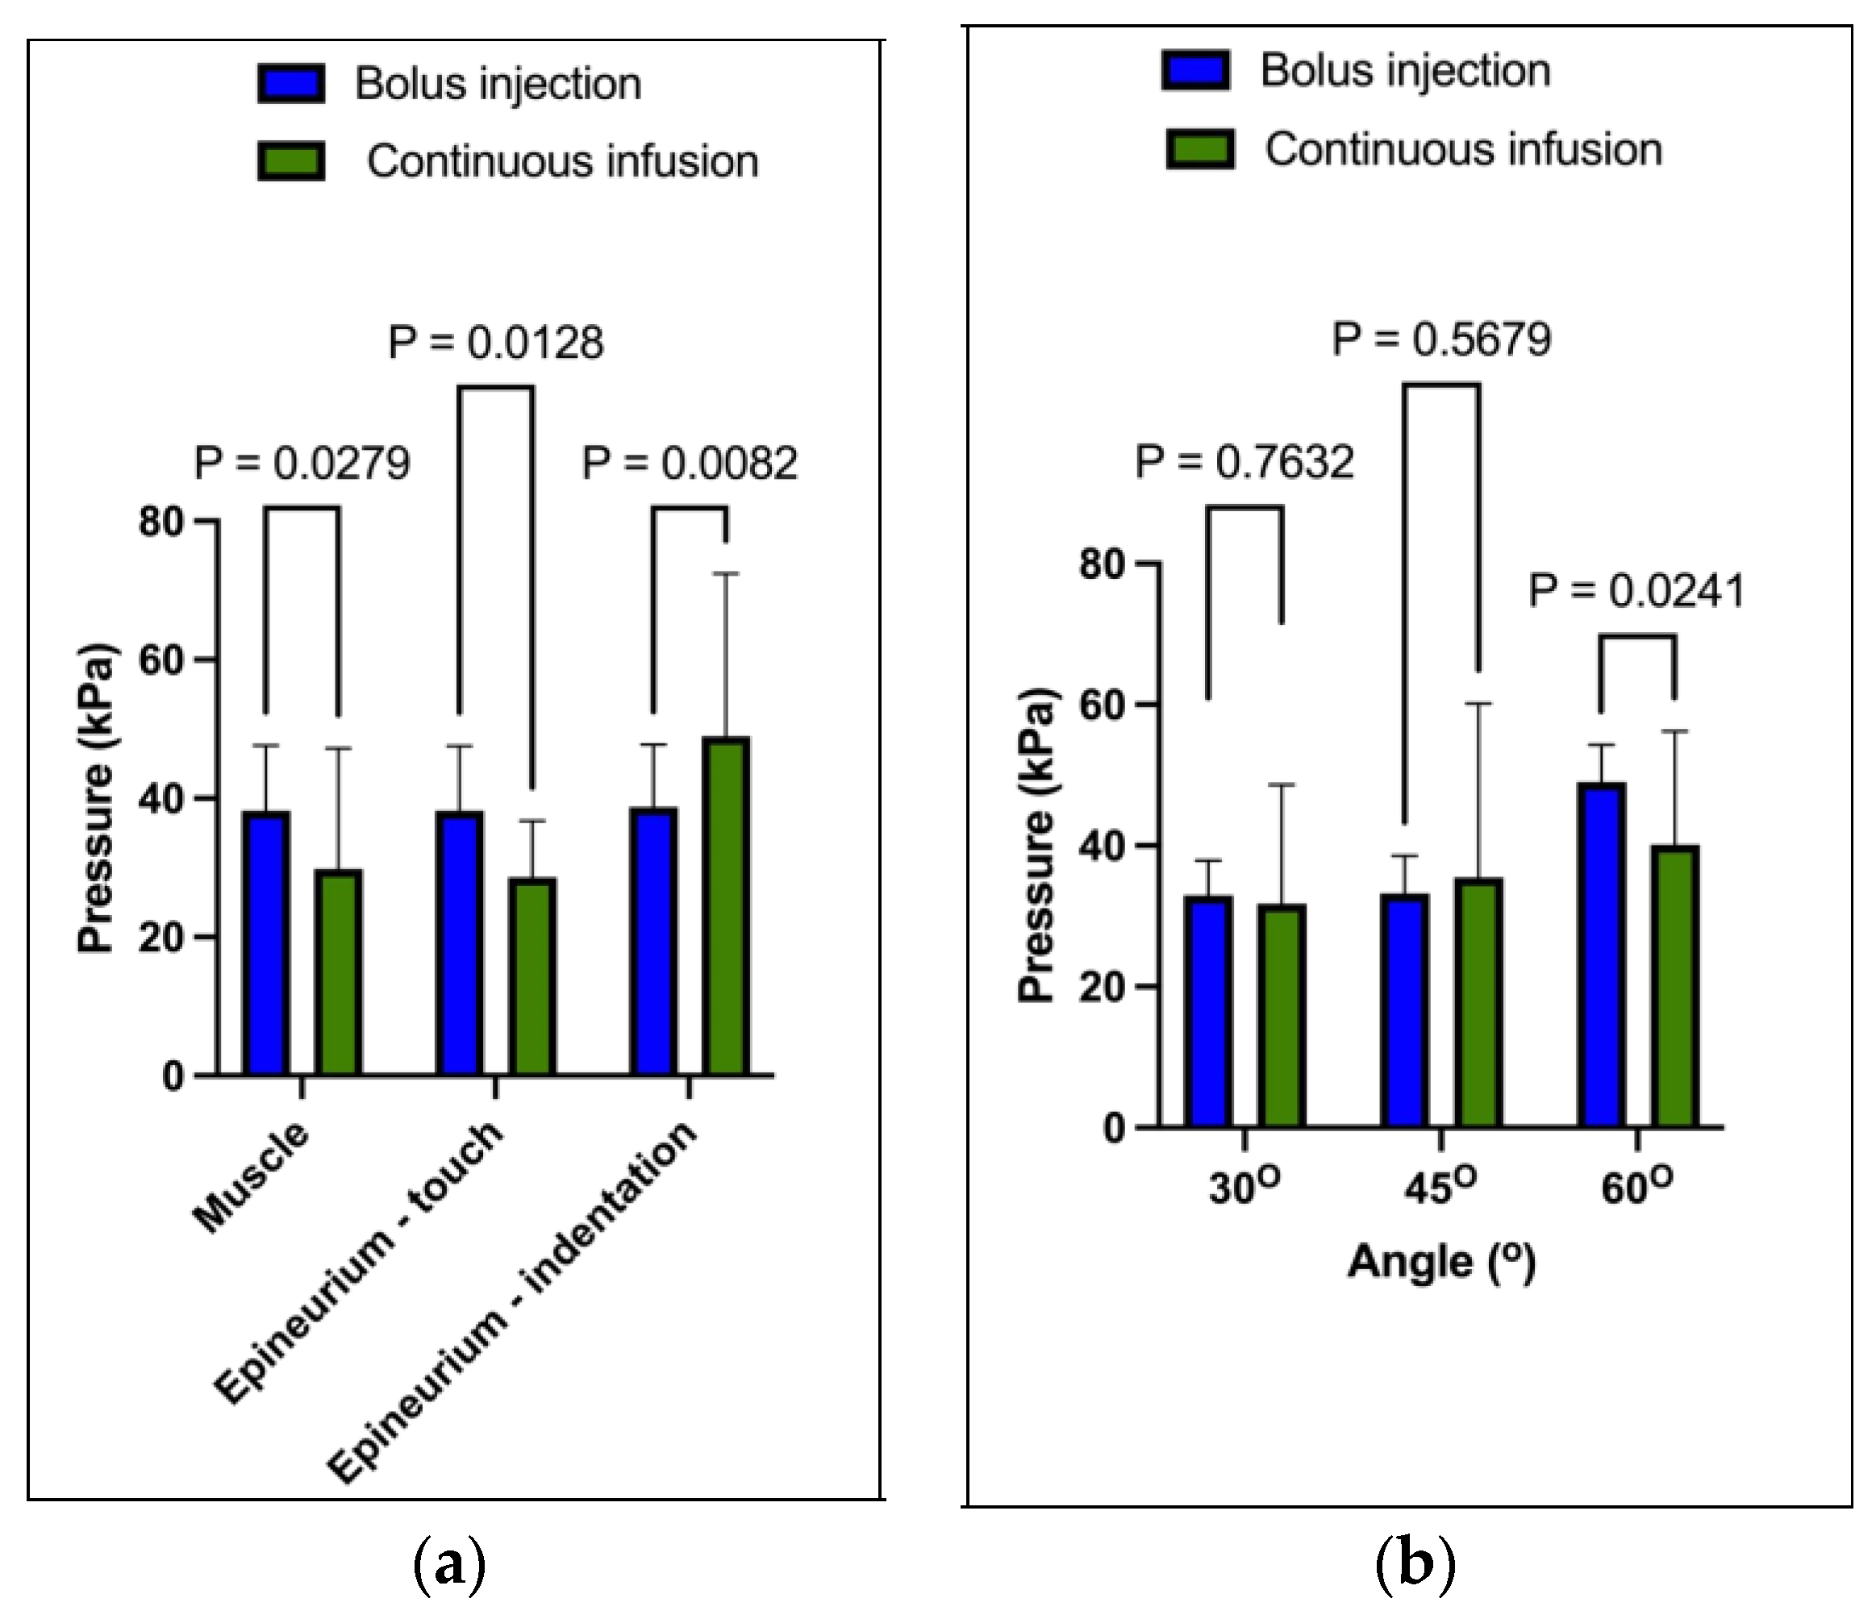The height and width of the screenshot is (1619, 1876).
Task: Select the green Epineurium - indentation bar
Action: pos(726,907)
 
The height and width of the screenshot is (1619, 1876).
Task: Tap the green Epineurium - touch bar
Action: pos(532,976)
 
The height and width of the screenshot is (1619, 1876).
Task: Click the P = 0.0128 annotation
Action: pos(495,343)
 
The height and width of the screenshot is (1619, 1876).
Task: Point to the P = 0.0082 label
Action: pos(689,464)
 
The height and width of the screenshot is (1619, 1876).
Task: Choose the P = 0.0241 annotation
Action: pos(1636,591)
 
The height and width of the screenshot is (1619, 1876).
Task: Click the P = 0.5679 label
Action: pos(1441,339)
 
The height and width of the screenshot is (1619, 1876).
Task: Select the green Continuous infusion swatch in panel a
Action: pos(290,161)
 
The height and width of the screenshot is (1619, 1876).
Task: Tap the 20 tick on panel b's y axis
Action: pos(1102,986)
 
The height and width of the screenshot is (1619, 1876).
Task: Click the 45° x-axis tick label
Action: pos(1440,1186)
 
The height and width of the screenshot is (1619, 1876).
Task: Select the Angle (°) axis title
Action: pos(1441,1262)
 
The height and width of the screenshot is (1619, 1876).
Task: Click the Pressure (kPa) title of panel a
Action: pos(96,797)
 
